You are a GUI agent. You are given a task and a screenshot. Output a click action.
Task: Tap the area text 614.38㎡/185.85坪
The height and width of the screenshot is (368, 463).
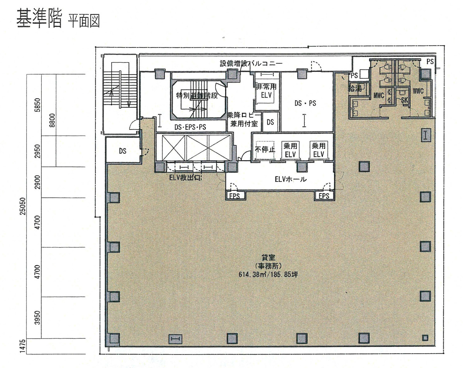pos(270,275)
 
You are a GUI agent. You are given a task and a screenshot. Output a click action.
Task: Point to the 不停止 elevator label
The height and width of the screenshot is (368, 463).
pos(264,150)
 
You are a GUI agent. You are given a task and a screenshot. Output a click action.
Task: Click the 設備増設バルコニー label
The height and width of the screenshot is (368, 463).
pos(251,63)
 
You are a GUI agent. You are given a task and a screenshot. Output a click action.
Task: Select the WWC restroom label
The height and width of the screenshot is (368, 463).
pos(418,92)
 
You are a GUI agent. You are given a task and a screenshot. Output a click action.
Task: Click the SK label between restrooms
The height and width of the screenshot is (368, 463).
pos(405,100)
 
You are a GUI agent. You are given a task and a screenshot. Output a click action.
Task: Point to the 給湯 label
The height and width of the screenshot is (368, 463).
pos(355,88)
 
